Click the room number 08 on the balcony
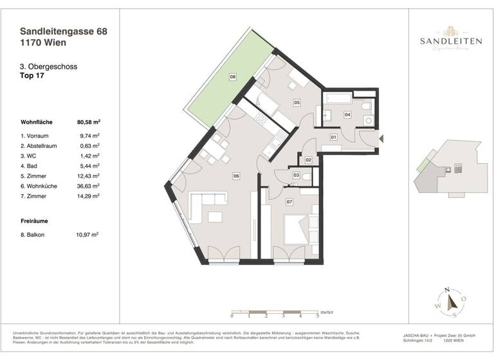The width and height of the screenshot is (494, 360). (x=233, y=76)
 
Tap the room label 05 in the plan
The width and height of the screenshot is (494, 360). (x=297, y=102)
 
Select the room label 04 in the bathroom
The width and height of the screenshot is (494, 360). (x=347, y=115)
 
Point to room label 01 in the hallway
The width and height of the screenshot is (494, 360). (x=334, y=137)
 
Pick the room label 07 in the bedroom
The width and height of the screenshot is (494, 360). (x=289, y=203)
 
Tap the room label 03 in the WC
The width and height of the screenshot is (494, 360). (x=296, y=175)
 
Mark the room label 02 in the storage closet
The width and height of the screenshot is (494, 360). (x=309, y=159)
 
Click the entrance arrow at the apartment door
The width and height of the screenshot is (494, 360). (x=381, y=138)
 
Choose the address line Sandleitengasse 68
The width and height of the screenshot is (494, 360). (x=61, y=30)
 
